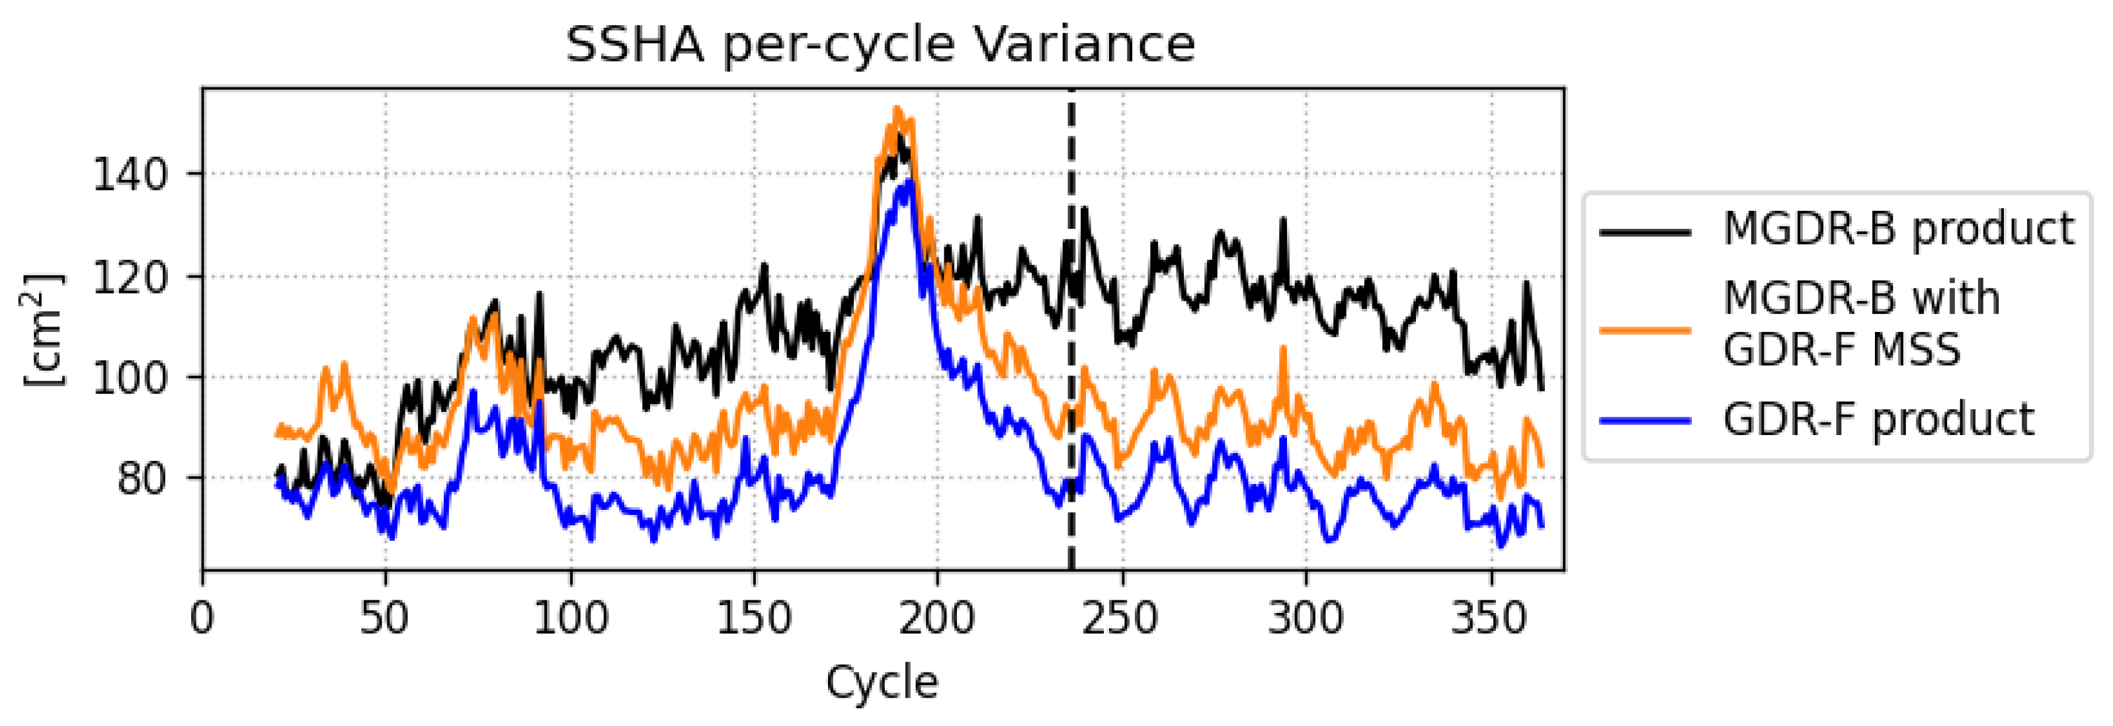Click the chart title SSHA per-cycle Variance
pos(880,44)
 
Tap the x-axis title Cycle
pos(882,682)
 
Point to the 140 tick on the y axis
pos(130,175)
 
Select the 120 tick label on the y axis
pos(130,277)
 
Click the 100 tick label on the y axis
pos(130,378)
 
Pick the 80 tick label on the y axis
pos(141,478)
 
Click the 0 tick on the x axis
pos(202,617)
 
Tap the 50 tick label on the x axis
pos(385,617)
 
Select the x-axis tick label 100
pos(570,617)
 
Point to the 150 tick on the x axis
pos(754,617)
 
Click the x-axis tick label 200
pos(936,617)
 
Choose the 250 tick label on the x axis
pos(1120,617)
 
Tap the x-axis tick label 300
pos(1305,617)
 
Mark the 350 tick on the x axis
pos(1489,617)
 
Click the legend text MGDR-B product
pos(1898,229)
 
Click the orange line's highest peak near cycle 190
pos(897,109)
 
